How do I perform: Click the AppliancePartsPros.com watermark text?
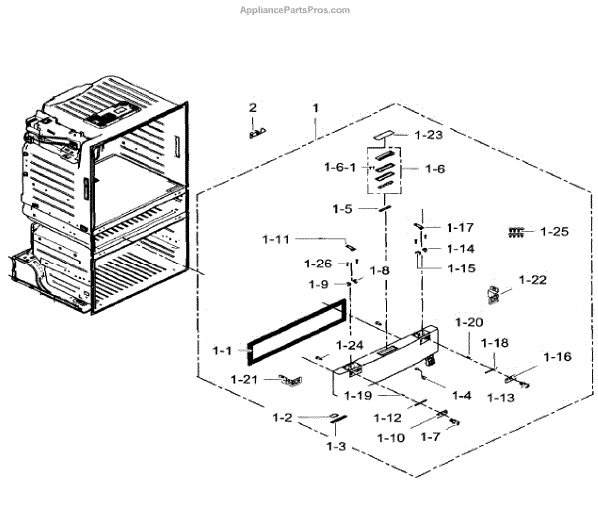point(296,9)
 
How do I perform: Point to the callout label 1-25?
point(553,232)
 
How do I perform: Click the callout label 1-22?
point(533,280)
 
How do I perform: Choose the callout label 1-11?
point(276,239)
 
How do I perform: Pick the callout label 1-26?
point(318,264)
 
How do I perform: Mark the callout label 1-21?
point(245,379)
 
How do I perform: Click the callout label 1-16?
point(558,357)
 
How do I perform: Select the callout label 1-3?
point(336,446)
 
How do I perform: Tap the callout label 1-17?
point(460,227)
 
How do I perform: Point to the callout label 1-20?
point(469,322)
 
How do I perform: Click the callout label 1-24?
point(350,345)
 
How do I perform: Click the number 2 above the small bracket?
point(253,107)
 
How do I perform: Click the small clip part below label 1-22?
point(492,294)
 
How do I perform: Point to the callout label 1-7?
point(429,437)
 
